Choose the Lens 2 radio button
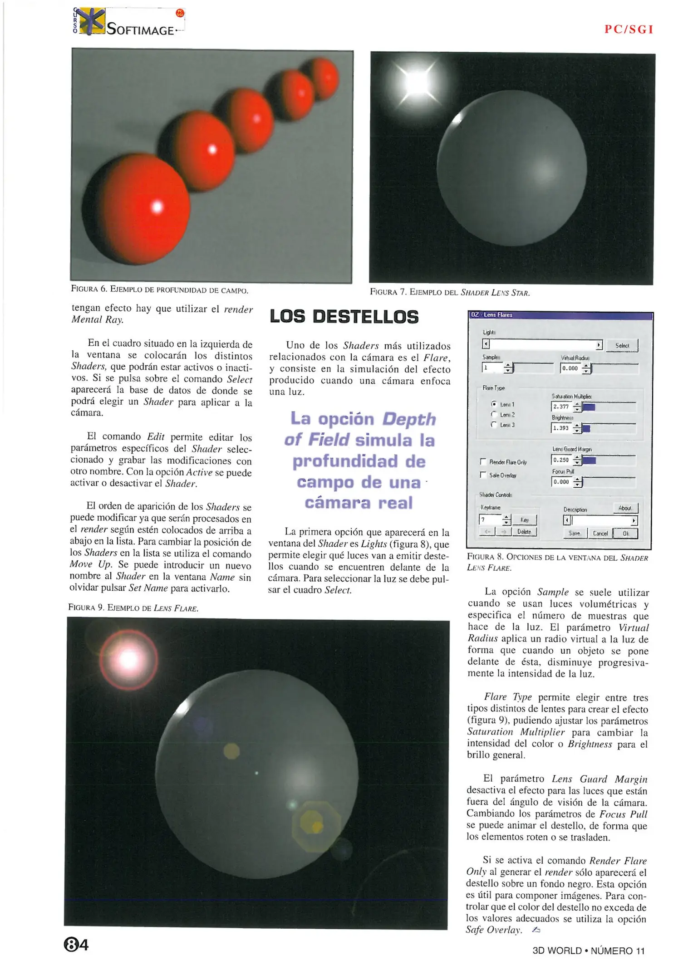(494, 415)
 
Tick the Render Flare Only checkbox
(483, 462)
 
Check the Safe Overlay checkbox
(483, 475)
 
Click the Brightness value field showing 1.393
(561, 428)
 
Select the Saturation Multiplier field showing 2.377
(561, 407)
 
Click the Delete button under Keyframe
(524, 532)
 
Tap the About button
(625, 508)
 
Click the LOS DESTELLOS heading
(344, 317)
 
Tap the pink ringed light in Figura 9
(129, 659)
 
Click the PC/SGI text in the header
(629, 29)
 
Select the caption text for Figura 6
(160, 289)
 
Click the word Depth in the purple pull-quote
(408, 419)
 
